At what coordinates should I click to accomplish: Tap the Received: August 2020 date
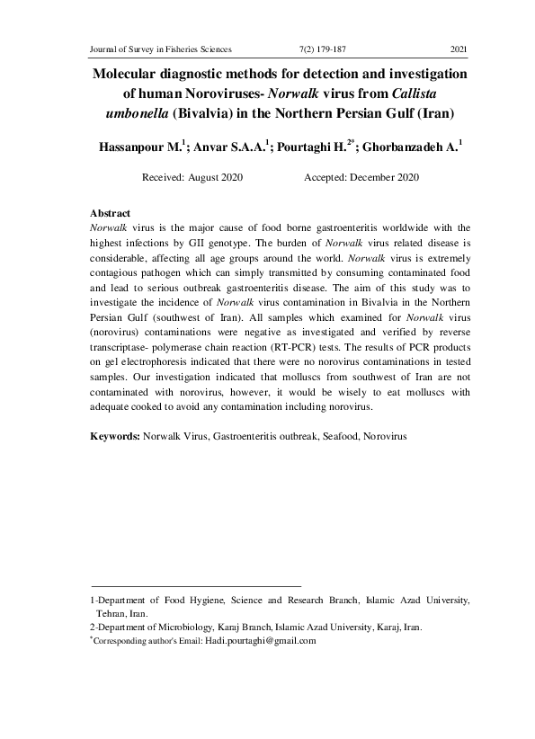(192, 179)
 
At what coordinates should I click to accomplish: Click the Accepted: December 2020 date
(370, 179)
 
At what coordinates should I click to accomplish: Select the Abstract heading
(111, 213)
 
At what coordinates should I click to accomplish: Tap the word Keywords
(114, 435)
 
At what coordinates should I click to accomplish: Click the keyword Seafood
(327, 435)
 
